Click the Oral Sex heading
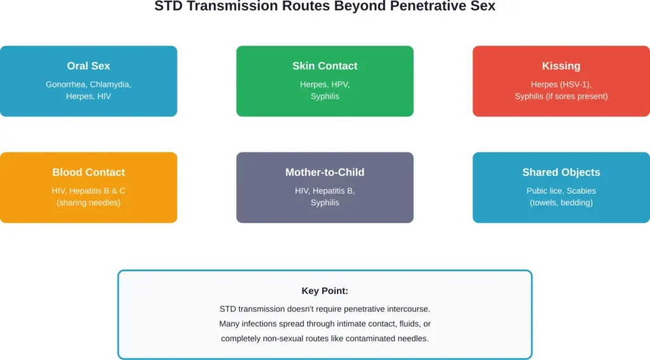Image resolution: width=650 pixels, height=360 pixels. click(x=88, y=66)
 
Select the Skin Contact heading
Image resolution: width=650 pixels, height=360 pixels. click(x=324, y=66)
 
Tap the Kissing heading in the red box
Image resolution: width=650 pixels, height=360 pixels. click(x=561, y=66)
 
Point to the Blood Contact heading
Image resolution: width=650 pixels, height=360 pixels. click(x=88, y=172)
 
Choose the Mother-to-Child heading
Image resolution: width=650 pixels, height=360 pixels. click(x=324, y=172)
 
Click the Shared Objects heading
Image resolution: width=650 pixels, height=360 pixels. click(x=561, y=172)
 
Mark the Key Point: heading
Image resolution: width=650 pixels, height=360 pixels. click(x=324, y=291)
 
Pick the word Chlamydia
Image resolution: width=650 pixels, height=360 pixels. click(x=110, y=84)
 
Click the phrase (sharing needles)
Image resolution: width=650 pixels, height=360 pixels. click(x=88, y=203)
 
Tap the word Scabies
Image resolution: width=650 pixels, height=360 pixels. click(x=582, y=190)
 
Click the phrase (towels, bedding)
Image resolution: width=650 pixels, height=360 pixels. click(x=561, y=203)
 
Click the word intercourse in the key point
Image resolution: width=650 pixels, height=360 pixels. click(x=408, y=309)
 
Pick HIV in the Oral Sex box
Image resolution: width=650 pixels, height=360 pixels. click(x=103, y=97)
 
